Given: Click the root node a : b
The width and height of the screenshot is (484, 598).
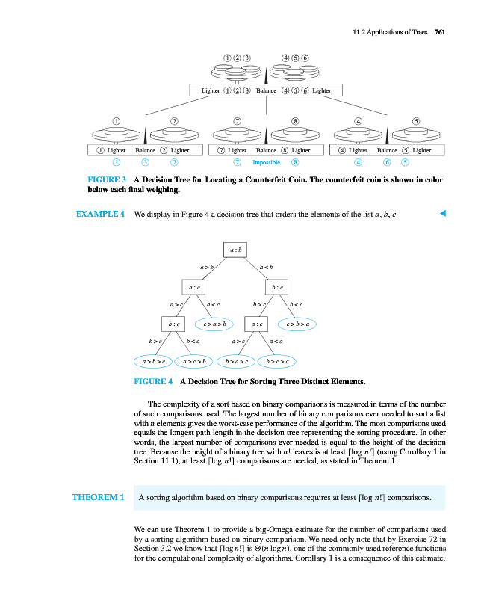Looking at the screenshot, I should (235, 250).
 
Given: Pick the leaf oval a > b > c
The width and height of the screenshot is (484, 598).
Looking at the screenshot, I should (152, 362).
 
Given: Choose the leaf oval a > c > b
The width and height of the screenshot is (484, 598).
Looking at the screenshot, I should (193, 362).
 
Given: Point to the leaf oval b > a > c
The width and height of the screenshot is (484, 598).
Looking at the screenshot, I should (235, 362).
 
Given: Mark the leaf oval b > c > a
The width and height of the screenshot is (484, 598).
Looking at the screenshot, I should (277, 362).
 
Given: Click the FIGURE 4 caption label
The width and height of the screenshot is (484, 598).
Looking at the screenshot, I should (153, 381).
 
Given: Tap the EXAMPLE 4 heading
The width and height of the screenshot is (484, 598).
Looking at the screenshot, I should (100, 215).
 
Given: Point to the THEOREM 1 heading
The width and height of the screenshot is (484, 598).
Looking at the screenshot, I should (98, 496).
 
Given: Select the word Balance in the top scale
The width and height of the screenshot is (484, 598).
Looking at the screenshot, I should (267, 90).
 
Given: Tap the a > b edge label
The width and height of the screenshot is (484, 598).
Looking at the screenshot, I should (207, 267).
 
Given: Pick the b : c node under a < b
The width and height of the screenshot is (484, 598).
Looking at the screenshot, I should (276, 286).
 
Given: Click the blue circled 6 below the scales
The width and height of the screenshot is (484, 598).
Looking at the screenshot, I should (387, 162).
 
